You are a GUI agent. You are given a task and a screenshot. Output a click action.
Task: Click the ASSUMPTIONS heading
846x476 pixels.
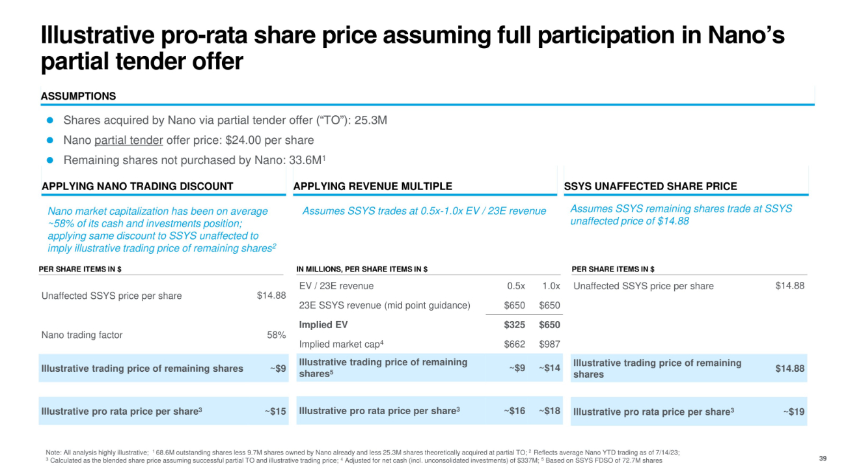pyautogui.click(x=78, y=96)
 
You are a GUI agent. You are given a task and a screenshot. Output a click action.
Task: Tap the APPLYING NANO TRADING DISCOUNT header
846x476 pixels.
pyautogui.click(x=137, y=186)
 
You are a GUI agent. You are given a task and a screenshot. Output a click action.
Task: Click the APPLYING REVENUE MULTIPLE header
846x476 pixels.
pyautogui.click(x=373, y=186)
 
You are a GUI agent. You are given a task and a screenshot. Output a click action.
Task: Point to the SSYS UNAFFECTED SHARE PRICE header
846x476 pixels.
pyautogui.click(x=650, y=186)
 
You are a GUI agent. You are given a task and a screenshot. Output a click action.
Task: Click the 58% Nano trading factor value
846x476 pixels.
pyautogui.click(x=277, y=335)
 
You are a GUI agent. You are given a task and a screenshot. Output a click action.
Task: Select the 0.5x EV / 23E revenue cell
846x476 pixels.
pyautogui.click(x=516, y=286)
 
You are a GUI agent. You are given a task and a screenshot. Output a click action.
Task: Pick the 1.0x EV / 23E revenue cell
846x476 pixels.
pyautogui.click(x=551, y=286)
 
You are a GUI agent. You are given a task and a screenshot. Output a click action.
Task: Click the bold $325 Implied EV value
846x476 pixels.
pyautogui.click(x=514, y=325)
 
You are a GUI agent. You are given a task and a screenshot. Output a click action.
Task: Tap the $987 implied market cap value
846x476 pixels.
pyautogui.click(x=549, y=344)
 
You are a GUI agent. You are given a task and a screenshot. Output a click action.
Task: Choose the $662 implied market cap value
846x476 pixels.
pyautogui.click(x=514, y=344)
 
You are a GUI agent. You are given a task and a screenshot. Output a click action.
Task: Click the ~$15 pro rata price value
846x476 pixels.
pyautogui.click(x=275, y=412)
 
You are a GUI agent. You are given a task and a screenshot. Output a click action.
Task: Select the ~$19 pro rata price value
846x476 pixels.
pyautogui.click(x=793, y=412)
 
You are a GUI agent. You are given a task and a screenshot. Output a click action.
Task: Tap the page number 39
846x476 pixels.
pyautogui.click(x=823, y=460)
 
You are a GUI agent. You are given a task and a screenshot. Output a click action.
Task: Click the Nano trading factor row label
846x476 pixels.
pyautogui.click(x=82, y=335)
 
